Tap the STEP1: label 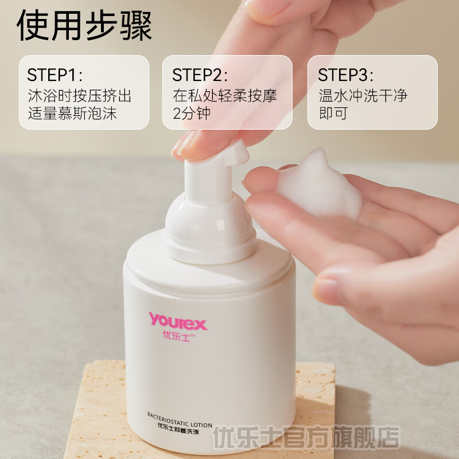point(55,75)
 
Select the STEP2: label point(200,75)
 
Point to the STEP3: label point(346,75)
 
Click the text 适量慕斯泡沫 point(72,113)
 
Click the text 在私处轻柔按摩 point(225,95)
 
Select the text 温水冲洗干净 point(363,95)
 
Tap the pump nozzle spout point(241,153)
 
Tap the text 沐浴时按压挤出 point(80,95)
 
